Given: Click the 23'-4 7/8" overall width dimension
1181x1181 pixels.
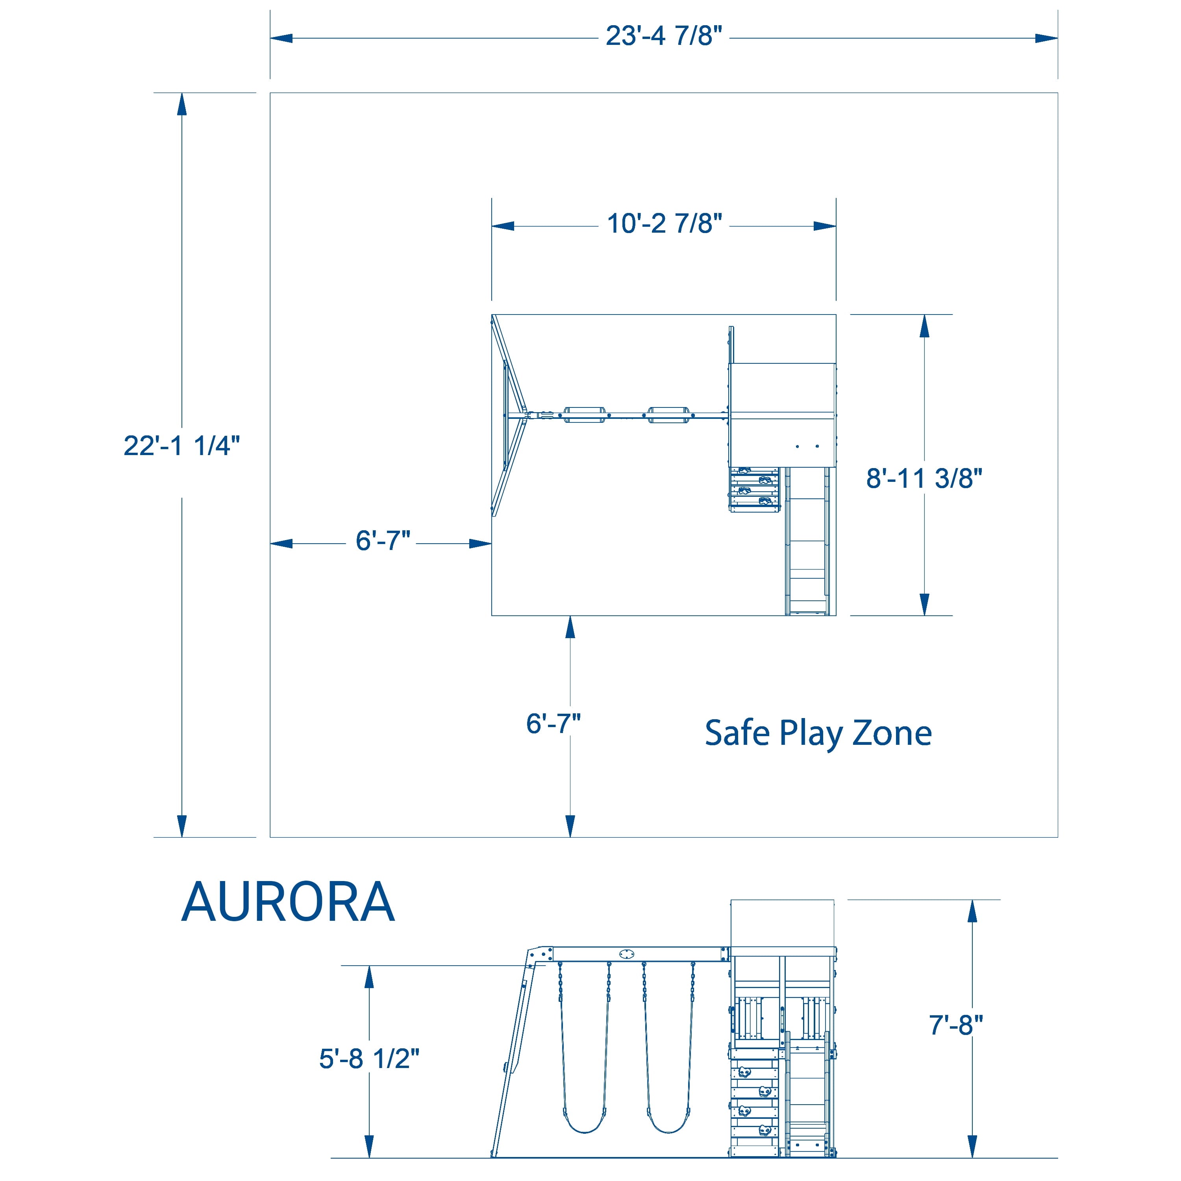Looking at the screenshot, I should [664, 37].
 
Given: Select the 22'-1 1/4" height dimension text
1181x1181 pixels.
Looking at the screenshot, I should [181, 446].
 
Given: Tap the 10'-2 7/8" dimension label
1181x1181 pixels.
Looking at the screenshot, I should [664, 224].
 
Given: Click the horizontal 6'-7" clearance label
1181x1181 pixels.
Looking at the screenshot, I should [383, 541].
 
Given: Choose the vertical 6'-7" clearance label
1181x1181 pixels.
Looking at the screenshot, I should [553, 724].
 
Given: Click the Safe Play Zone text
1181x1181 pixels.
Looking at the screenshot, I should [818, 733].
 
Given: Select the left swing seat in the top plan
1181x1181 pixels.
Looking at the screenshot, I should [584, 415].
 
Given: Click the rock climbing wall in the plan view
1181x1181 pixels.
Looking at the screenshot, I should [754, 489].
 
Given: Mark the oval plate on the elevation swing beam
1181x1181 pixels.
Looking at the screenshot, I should [627, 954].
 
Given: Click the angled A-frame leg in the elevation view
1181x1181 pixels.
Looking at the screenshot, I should [513, 1057].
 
